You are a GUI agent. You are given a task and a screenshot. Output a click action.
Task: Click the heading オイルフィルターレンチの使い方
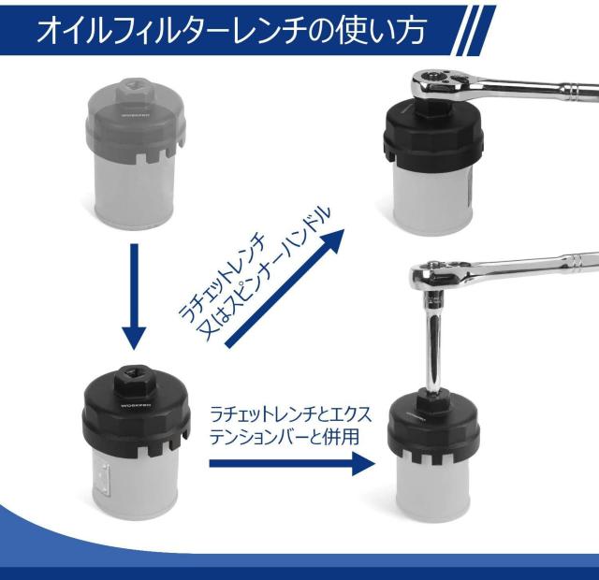click(231, 30)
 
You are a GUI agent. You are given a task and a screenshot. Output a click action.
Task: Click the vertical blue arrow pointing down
click(134, 297)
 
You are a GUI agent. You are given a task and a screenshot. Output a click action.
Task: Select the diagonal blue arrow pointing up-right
click(285, 288)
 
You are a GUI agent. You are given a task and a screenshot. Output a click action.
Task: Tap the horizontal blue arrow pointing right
click(292, 463)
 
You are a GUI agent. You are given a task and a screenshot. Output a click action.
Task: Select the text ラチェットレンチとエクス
click(291, 414)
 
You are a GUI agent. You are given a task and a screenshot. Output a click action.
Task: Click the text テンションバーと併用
click(285, 437)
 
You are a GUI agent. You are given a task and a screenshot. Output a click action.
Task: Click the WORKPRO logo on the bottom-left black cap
click(137, 405)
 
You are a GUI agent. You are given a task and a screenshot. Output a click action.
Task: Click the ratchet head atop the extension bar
click(439, 274)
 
